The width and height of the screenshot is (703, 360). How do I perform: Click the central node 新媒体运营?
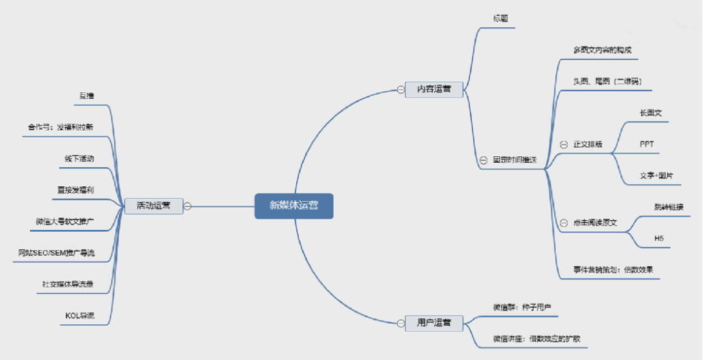[294, 206]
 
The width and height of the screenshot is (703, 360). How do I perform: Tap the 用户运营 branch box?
[434, 322]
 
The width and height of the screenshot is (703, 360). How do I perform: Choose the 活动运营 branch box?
[153, 206]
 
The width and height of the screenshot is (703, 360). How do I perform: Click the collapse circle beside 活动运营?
[187, 206]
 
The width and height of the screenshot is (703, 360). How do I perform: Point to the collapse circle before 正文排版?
[564, 145]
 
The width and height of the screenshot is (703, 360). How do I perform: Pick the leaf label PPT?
[646, 145]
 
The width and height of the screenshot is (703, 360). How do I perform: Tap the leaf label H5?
[659, 239]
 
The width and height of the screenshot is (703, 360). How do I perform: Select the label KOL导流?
[79, 316]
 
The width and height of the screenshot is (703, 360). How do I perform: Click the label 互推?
[87, 96]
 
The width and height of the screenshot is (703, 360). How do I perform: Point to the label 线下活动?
[79, 158]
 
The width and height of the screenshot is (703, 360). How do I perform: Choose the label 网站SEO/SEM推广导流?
[56, 253]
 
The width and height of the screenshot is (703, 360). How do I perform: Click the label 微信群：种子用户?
[522, 307]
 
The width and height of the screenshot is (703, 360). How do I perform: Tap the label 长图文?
[650, 113]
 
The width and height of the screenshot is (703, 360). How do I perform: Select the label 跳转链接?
[669, 207]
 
